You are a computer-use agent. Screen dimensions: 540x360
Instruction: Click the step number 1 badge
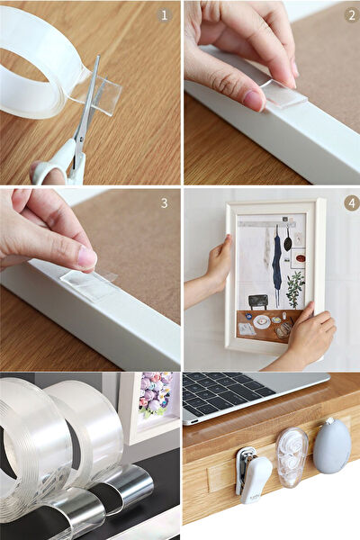click(164, 15)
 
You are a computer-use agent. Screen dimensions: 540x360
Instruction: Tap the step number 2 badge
click(350, 15)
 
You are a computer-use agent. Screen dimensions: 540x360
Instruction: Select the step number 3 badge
click(164, 203)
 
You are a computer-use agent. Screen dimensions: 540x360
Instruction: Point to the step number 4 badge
click(350, 203)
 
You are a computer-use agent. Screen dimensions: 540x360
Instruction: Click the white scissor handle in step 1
click(54, 169)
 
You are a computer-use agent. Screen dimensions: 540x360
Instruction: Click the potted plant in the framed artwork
click(294, 288)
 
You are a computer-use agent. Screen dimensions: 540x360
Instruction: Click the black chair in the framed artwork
click(258, 301)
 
